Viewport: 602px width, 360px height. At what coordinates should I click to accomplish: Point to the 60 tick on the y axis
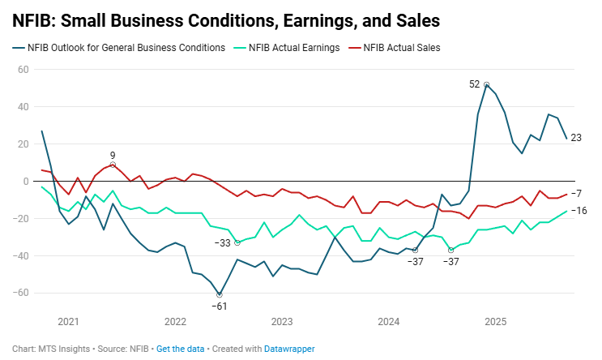pos(23,70)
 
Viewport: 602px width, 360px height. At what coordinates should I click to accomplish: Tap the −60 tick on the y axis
pos(21,294)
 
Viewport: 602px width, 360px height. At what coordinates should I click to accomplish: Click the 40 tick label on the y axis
pos(23,107)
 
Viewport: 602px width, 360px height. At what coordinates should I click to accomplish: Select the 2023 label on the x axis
pos(282,321)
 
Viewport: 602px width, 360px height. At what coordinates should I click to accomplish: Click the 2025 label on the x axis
pos(495,321)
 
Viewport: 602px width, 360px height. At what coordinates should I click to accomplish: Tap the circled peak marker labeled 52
pos(486,84)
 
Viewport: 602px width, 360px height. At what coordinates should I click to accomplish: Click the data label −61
pos(219,306)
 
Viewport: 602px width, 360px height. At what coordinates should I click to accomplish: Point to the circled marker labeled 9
pos(113,165)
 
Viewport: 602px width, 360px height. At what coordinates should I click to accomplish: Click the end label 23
pos(577,138)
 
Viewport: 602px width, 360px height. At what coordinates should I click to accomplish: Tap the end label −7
pos(576,193)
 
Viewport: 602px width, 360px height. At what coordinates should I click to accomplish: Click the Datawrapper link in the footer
pos(290,349)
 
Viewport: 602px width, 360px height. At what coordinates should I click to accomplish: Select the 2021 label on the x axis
pos(69,321)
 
